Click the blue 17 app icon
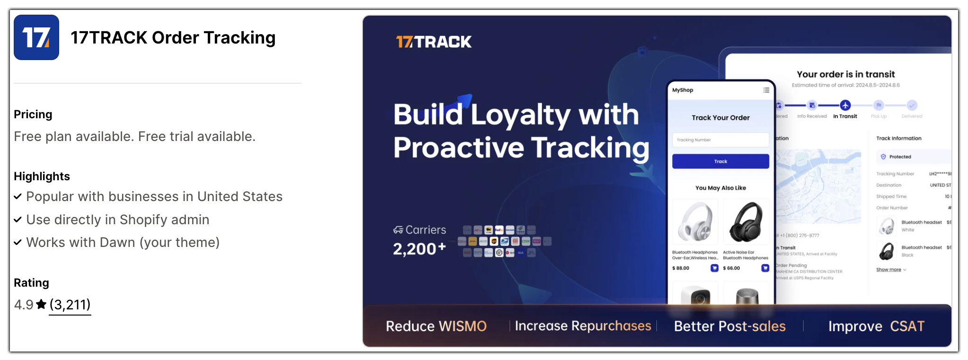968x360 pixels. tap(36, 37)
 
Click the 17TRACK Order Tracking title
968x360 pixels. tap(173, 38)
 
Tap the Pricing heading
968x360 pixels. tap(33, 114)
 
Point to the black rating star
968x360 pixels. tap(42, 304)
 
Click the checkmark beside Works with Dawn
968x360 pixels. tap(18, 243)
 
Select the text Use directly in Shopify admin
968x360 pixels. tap(118, 220)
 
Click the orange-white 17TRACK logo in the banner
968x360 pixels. tap(433, 42)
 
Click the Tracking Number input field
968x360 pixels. tap(720, 140)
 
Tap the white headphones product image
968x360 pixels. tap(695, 222)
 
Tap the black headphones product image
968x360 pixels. tap(746, 222)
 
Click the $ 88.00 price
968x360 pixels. tap(681, 268)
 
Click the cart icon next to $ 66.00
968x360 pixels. tap(765, 268)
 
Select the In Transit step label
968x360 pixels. tap(845, 116)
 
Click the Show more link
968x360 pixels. tap(889, 270)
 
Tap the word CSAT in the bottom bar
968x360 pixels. tap(907, 326)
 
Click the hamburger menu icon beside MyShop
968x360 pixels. tap(766, 90)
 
